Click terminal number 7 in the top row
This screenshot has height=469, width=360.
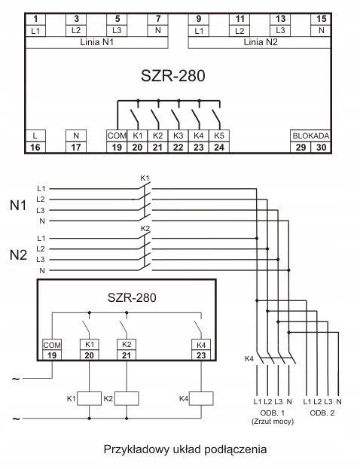158,19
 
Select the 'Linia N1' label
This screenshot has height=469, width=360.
96,42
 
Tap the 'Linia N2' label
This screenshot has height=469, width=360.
261,42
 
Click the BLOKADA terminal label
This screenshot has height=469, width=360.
311,136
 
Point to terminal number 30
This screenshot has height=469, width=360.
321,147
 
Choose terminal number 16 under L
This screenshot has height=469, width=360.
35,147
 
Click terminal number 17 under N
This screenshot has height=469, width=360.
76,147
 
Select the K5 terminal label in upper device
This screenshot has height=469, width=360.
219,136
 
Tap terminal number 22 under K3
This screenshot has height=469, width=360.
178,147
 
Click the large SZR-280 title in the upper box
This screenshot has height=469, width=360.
173,75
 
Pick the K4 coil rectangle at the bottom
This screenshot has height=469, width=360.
201,398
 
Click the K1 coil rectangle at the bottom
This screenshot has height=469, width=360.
89,398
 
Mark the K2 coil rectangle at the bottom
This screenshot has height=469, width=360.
127,398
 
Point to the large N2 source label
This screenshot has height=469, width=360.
18,255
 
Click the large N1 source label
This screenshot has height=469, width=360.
18,206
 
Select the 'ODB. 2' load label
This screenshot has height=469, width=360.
322,413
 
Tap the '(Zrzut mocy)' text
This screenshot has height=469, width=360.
273,422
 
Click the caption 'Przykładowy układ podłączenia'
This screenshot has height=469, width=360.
185,449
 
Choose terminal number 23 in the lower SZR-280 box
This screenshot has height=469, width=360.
201,355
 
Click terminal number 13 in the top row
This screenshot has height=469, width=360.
280,19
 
